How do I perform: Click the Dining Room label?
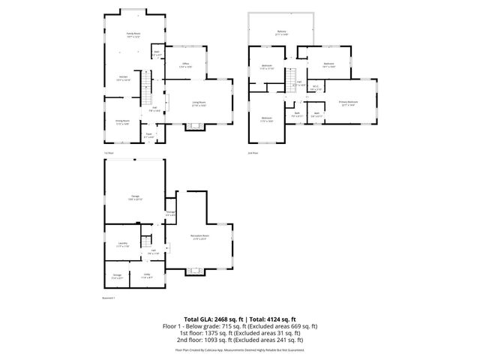point(122,122)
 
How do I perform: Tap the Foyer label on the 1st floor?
point(149,136)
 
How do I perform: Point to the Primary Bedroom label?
point(348,102)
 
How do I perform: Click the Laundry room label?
point(122,244)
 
